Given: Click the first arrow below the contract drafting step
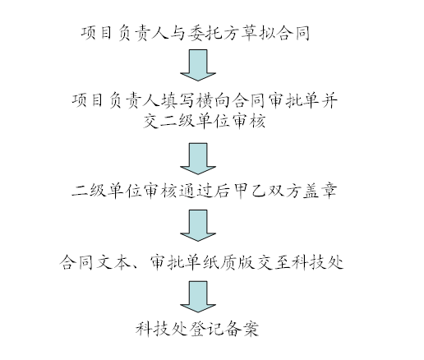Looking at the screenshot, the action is tap(198, 65).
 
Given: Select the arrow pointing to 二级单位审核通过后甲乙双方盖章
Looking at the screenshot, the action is tap(198, 159).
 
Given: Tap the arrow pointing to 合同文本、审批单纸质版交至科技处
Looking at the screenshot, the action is tap(198, 225).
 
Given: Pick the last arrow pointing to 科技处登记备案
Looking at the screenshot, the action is tap(198, 297).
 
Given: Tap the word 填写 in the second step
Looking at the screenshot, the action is tap(178, 100).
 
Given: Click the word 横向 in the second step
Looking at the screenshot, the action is tap(214, 100).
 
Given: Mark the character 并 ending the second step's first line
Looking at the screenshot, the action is tap(330, 100).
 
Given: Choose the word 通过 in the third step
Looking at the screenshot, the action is tap(196, 191).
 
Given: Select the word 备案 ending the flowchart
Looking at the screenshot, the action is tap(241, 329).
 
